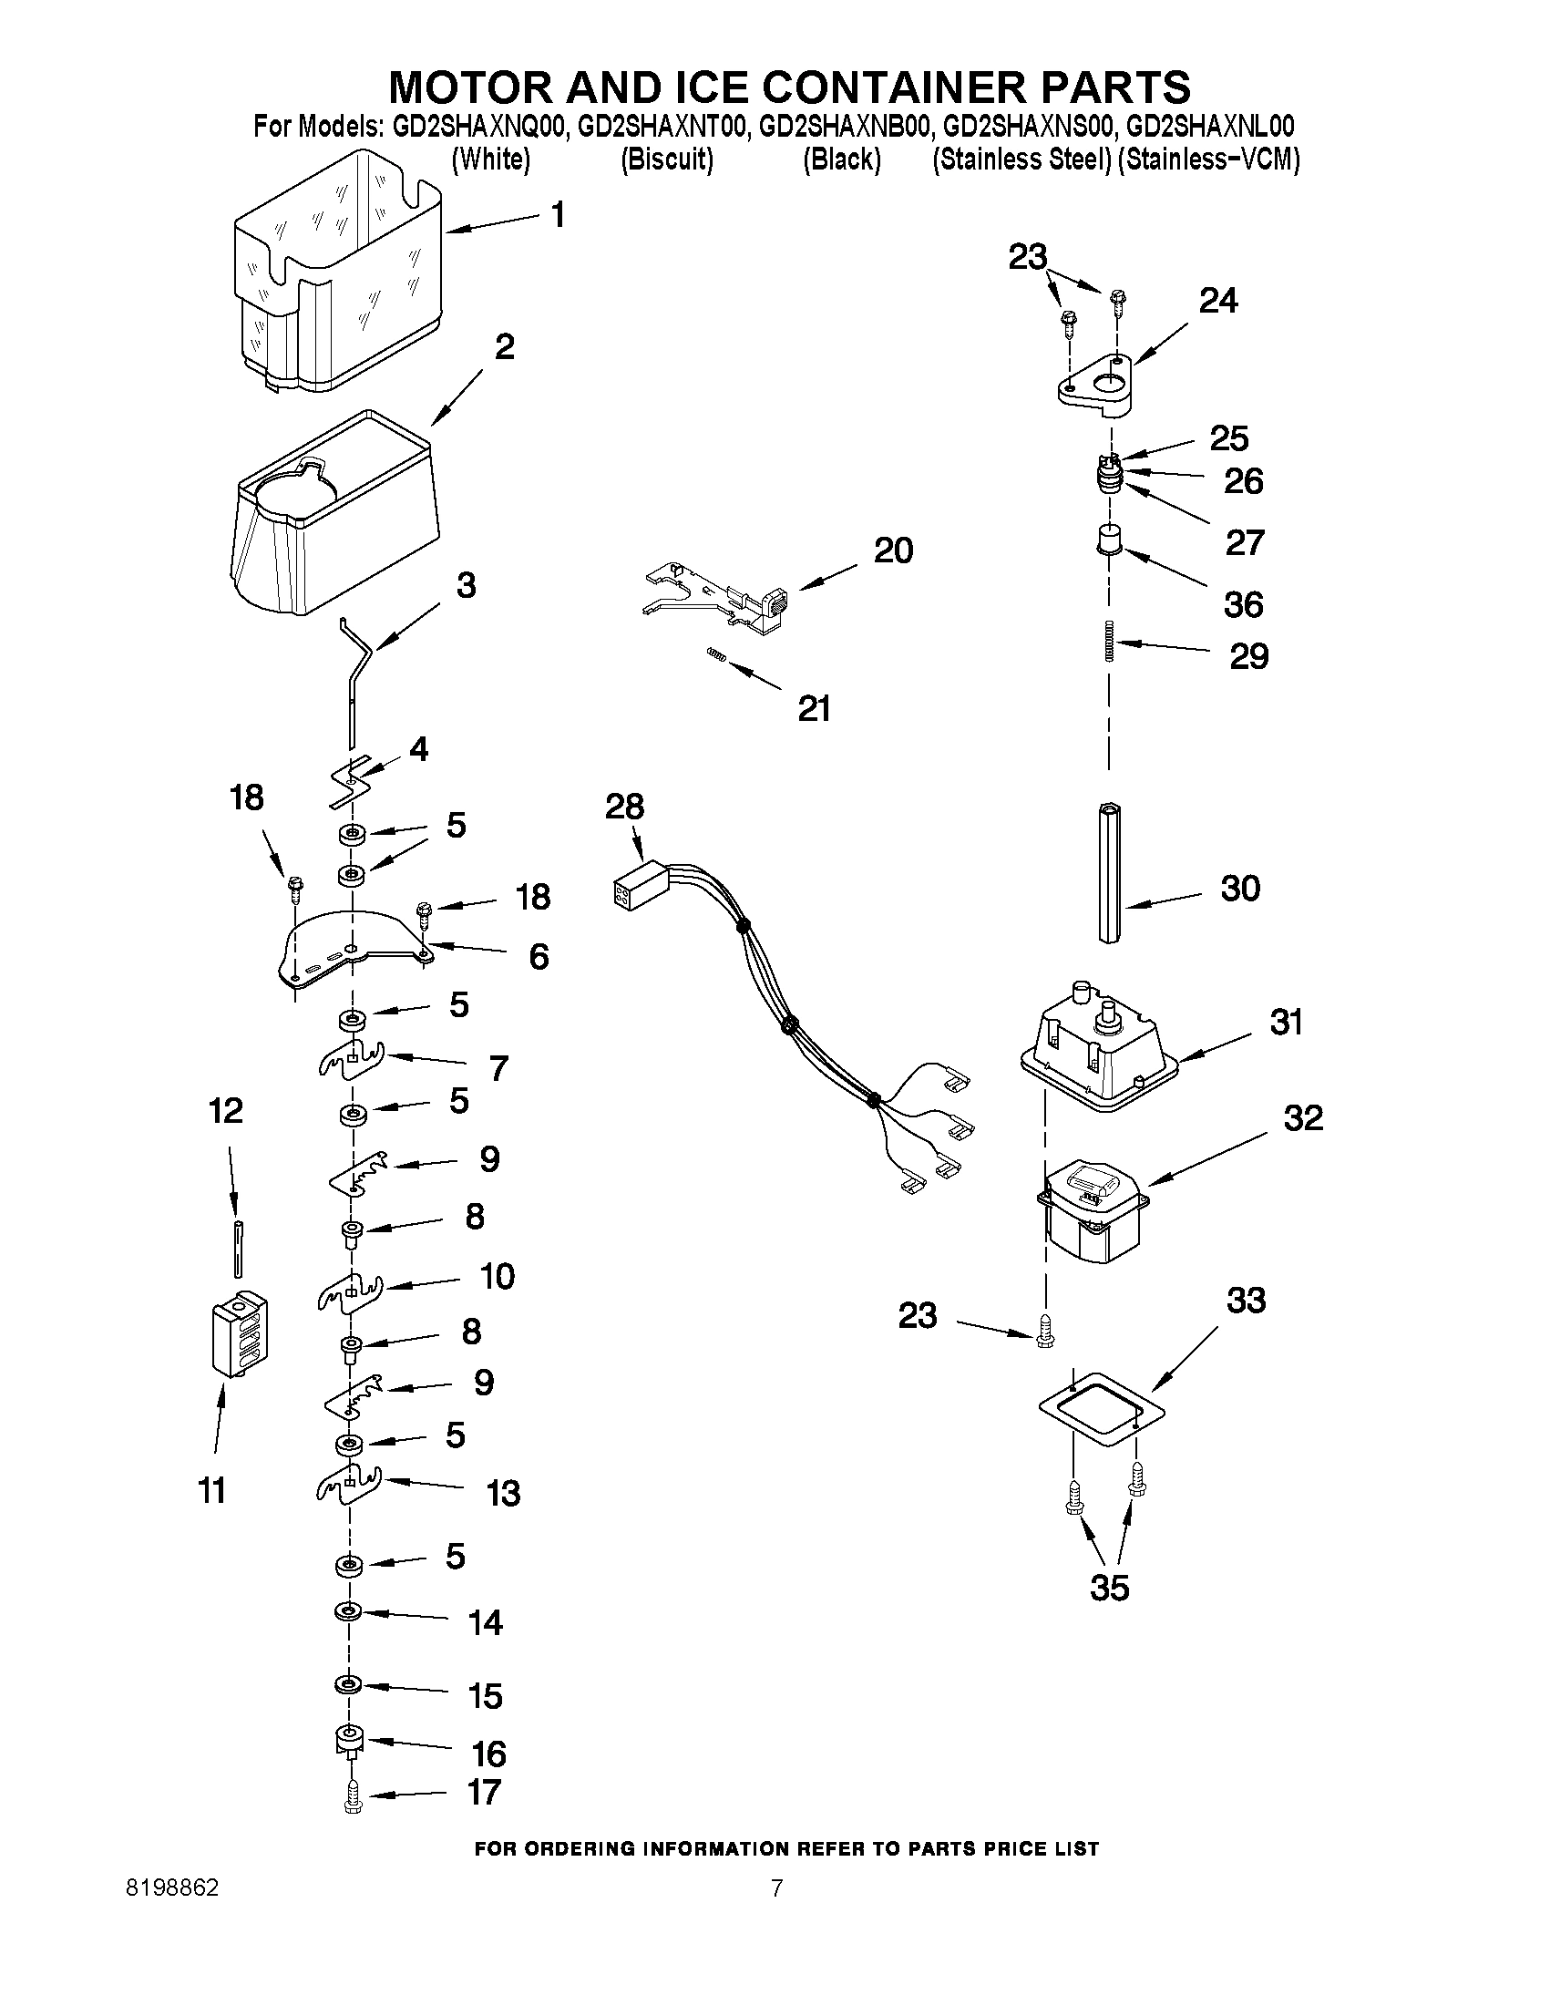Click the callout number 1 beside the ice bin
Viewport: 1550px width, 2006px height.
pos(558,216)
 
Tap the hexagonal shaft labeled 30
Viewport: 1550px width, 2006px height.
pos(1109,871)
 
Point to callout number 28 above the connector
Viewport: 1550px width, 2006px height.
pos(624,807)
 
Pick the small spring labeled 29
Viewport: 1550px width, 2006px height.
pos(1109,639)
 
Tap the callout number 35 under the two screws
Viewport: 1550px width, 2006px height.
pos(1109,1587)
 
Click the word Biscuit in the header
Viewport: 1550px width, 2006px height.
pos(667,159)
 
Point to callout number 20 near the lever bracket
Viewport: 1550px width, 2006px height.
pos(892,551)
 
